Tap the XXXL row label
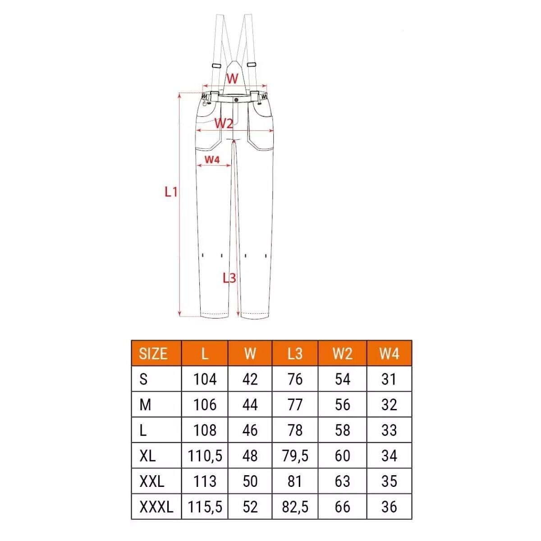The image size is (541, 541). [156, 507]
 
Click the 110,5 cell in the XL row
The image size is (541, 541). [205, 456]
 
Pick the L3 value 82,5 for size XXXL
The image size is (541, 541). [295, 507]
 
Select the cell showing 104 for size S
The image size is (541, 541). [205, 379]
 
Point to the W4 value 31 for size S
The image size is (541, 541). [389, 379]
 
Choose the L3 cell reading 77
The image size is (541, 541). [295, 405]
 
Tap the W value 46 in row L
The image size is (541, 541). [250, 431]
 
